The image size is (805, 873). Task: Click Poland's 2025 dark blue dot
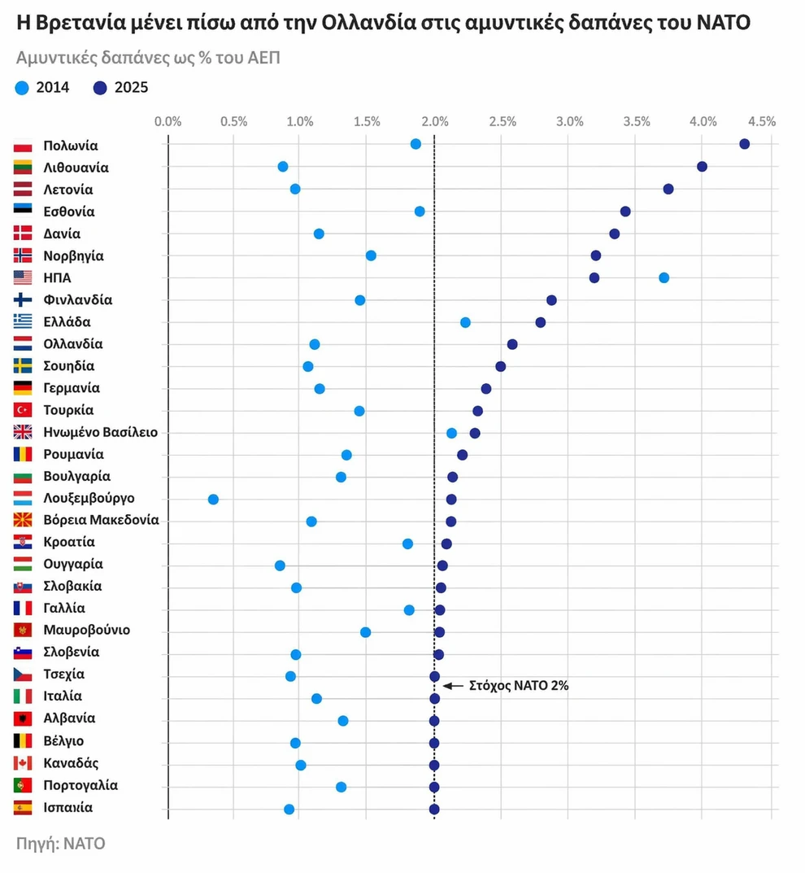(x=744, y=144)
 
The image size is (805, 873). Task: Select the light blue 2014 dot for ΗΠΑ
(x=664, y=277)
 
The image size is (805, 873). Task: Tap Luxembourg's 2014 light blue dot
(x=213, y=499)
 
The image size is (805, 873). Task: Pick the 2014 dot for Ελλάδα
(x=465, y=322)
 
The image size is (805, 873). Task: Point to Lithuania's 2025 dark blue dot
(x=702, y=167)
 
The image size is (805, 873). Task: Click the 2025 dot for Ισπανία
(x=434, y=809)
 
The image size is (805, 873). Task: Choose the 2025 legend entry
(x=120, y=88)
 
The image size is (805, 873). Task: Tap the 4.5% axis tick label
(x=762, y=122)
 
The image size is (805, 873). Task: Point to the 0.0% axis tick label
(x=168, y=122)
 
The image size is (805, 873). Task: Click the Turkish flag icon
(x=23, y=410)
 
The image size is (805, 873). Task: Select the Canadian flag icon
(x=23, y=763)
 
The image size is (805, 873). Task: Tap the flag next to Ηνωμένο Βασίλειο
(x=23, y=432)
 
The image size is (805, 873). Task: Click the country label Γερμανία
(x=72, y=388)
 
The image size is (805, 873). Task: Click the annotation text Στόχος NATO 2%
(x=519, y=686)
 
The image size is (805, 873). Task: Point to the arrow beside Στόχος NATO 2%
(x=453, y=686)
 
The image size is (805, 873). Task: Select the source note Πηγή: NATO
(x=60, y=843)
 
